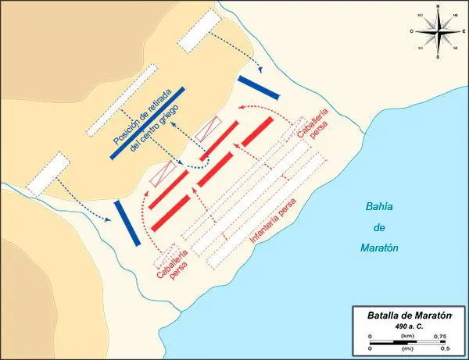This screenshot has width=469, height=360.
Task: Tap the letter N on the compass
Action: click(x=438, y=6)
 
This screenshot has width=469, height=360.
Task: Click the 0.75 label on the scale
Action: click(x=439, y=337)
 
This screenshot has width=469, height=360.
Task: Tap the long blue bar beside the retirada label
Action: click(x=148, y=123)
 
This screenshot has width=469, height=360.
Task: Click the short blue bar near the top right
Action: click(x=258, y=87)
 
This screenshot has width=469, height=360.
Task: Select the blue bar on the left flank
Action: click(x=127, y=223)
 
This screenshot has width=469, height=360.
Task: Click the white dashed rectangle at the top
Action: click(x=195, y=32)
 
